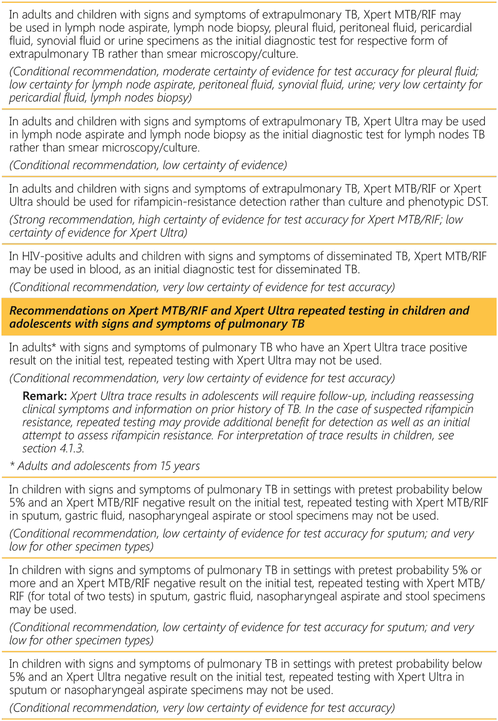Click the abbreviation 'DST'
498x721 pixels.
[x=477, y=202]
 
